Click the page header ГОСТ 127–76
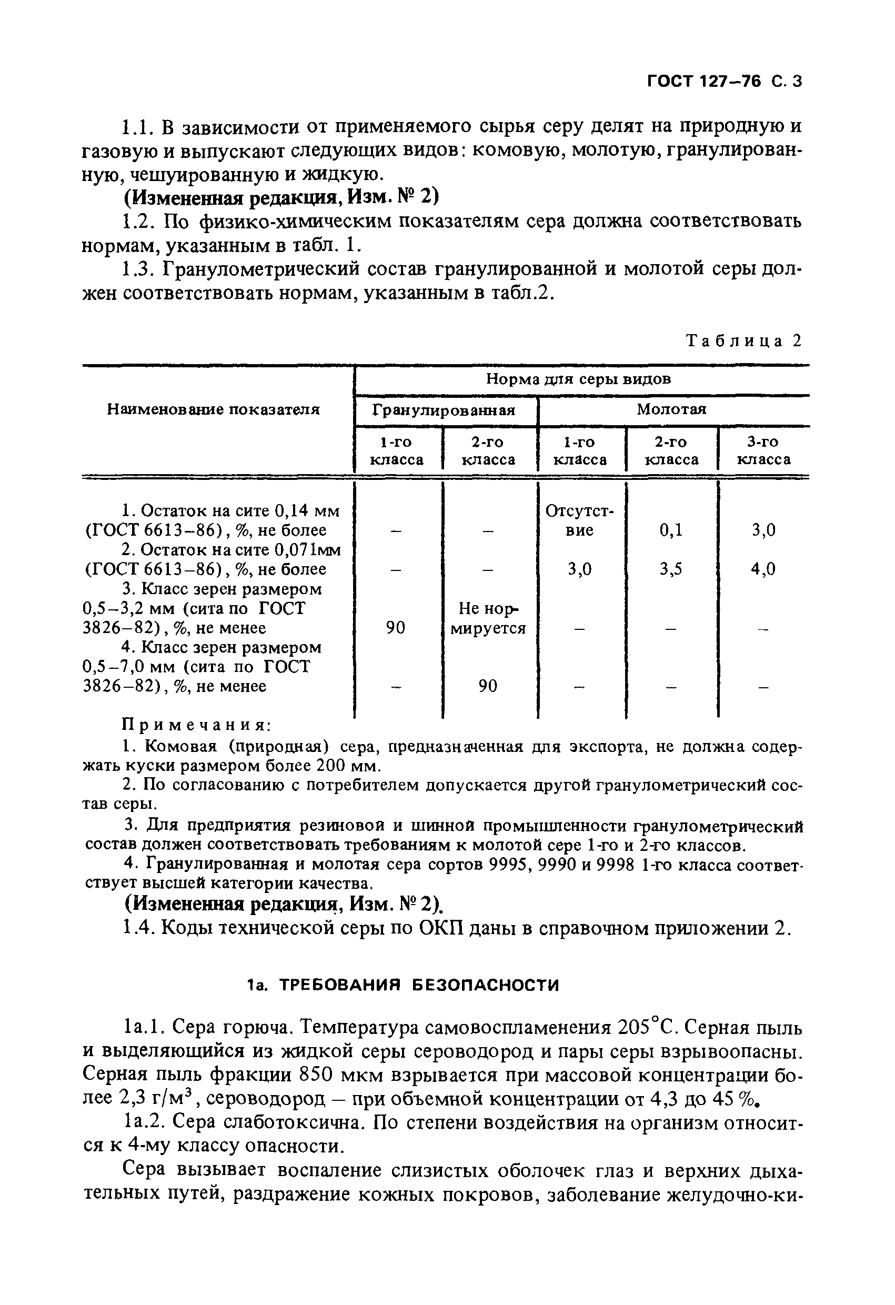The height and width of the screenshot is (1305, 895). point(705,82)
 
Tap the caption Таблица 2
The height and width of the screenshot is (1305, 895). point(744,341)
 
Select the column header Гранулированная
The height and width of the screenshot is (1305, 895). point(444,410)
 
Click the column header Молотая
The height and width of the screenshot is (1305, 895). point(671,409)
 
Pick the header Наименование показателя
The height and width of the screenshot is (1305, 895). point(214,409)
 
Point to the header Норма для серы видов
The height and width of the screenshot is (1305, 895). point(578,379)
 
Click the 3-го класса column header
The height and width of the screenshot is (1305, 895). point(763,451)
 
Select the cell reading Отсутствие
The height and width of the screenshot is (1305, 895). point(579,520)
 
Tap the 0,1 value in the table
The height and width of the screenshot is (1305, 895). point(671,530)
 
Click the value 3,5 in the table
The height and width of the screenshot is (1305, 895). point(671,569)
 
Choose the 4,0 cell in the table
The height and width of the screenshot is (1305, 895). point(763,569)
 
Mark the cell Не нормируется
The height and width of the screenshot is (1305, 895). point(488,618)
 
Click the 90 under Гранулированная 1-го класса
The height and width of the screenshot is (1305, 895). point(395,628)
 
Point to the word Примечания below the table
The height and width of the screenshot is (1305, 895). point(196,726)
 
